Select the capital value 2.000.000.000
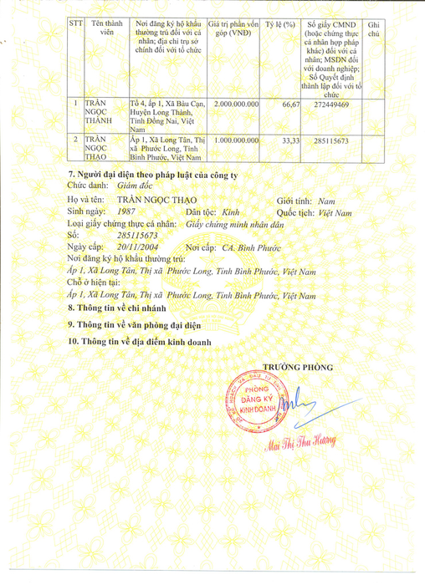coord(237,104)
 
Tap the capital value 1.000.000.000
coord(237,140)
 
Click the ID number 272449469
coord(332,104)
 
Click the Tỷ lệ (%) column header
coord(281,27)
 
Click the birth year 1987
coord(127,213)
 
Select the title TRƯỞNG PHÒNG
coord(298,367)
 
